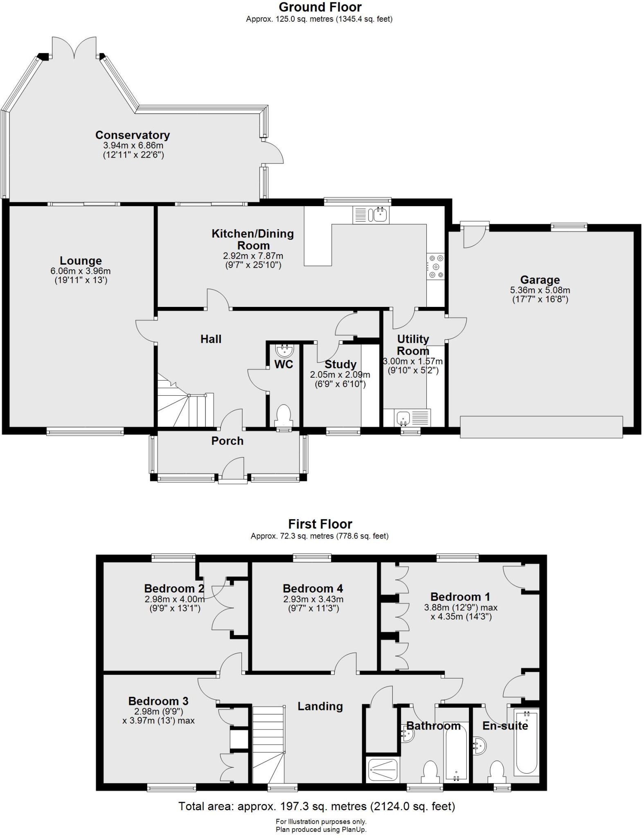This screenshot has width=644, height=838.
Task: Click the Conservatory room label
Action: click(x=132, y=135)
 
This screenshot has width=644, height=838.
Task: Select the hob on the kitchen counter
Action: click(x=435, y=266)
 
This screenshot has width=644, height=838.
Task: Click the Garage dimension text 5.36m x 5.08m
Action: click(x=540, y=290)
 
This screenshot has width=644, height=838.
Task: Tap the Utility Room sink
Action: click(x=403, y=417)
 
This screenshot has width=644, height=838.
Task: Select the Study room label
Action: click(x=340, y=364)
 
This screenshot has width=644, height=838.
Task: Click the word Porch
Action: click(x=227, y=441)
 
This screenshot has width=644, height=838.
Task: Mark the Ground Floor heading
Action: click(x=320, y=7)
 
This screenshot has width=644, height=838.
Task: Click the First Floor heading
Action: click(x=320, y=524)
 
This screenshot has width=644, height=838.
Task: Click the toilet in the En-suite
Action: click(x=497, y=769)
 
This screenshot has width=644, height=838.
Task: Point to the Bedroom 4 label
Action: click(x=313, y=588)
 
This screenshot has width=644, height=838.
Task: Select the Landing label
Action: click(x=320, y=706)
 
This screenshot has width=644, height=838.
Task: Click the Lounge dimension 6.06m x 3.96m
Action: click(x=81, y=271)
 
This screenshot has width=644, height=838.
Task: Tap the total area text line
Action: click(x=316, y=806)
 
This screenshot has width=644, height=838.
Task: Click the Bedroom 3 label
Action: click(x=158, y=701)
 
